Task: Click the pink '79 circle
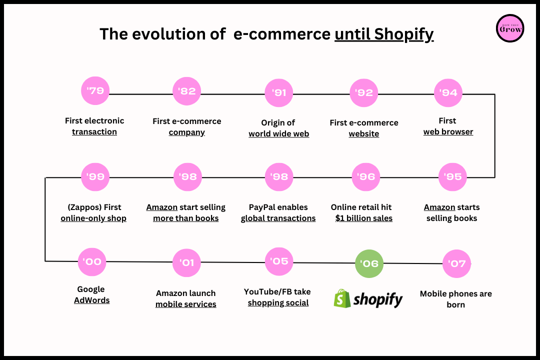pyautogui.click(x=95, y=91)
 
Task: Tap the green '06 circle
pyautogui.click(x=369, y=263)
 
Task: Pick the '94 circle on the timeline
pyautogui.click(x=448, y=92)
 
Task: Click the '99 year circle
pyautogui.click(x=95, y=176)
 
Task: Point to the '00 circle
pyautogui.click(x=92, y=261)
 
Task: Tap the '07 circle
pyautogui.click(x=456, y=263)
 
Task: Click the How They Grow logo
pyautogui.click(x=510, y=28)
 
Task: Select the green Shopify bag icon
pyautogui.click(x=342, y=298)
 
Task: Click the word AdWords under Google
pyautogui.click(x=92, y=300)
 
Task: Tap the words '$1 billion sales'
pyautogui.click(x=364, y=218)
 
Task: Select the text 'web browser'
pyautogui.click(x=448, y=131)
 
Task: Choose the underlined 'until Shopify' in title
pyautogui.click(x=383, y=34)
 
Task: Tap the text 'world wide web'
pyautogui.click(x=278, y=133)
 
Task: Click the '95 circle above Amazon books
pyautogui.click(x=452, y=176)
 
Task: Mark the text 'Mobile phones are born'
pyautogui.click(x=455, y=299)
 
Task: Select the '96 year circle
pyautogui.click(x=366, y=176)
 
